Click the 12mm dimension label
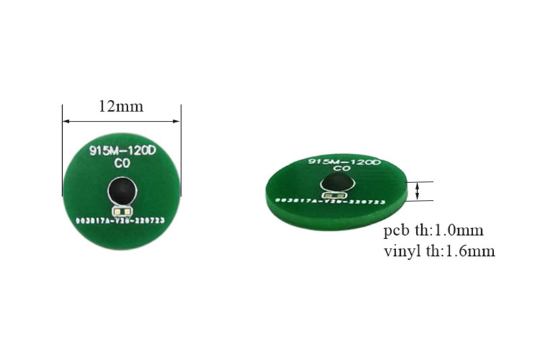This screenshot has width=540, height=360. pyautogui.click(x=122, y=106)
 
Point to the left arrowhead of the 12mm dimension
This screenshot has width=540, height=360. pyautogui.click(x=65, y=121)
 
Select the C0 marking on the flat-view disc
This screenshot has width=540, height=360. pyautogui.click(x=122, y=164)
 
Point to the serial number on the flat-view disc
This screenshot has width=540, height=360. pyautogui.click(x=122, y=220)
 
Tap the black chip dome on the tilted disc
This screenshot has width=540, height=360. pyautogui.click(x=337, y=182)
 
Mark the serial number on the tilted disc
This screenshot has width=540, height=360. pyautogui.click(x=329, y=202)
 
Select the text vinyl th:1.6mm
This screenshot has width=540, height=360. pyautogui.click(x=439, y=251)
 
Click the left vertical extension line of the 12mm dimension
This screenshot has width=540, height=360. pyautogui.click(x=62, y=135)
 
